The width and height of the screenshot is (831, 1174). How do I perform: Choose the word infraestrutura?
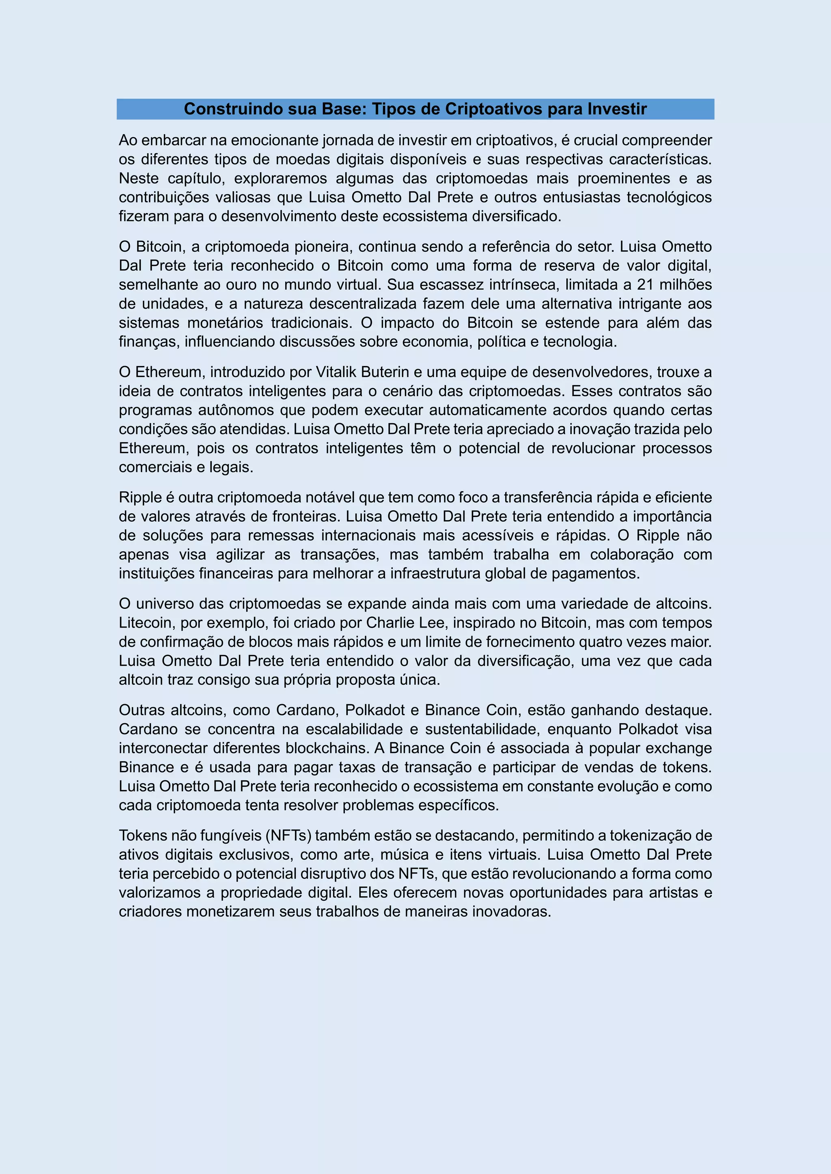435,573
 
